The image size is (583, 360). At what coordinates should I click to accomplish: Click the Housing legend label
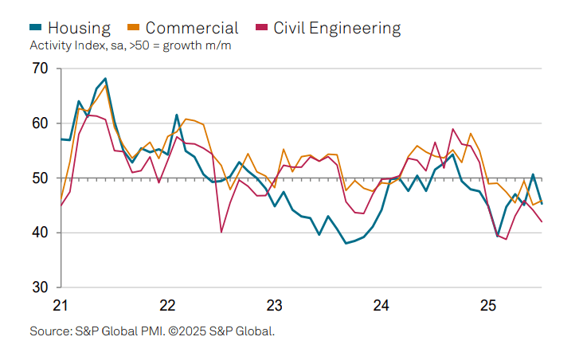[x=80, y=28]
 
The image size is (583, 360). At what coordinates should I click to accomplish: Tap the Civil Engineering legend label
[x=337, y=28]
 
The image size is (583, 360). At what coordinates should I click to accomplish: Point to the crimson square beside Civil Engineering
[x=260, y=29]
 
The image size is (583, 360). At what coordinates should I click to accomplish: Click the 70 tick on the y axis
[x=41, y=69]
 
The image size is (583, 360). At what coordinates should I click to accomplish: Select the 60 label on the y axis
[x=41, y=123]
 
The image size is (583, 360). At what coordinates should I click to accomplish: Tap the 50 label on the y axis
[x=41, y=178]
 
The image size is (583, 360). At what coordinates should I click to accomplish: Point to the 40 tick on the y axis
[x=41, y=233]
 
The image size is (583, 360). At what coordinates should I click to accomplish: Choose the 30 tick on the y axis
[x=41, y=287]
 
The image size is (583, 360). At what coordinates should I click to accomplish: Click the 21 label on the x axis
[x=61, y=305]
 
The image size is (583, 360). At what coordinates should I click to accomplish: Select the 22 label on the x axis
[x=167, y=305]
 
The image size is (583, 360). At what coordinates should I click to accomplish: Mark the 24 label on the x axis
[x=381, y=305]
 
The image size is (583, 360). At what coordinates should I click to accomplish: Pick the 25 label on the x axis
[x=488, y=305]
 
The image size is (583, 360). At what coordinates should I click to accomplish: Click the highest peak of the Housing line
[x=105, y=79]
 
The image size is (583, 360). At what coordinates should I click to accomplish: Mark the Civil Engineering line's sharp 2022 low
[x=221, y=232]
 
